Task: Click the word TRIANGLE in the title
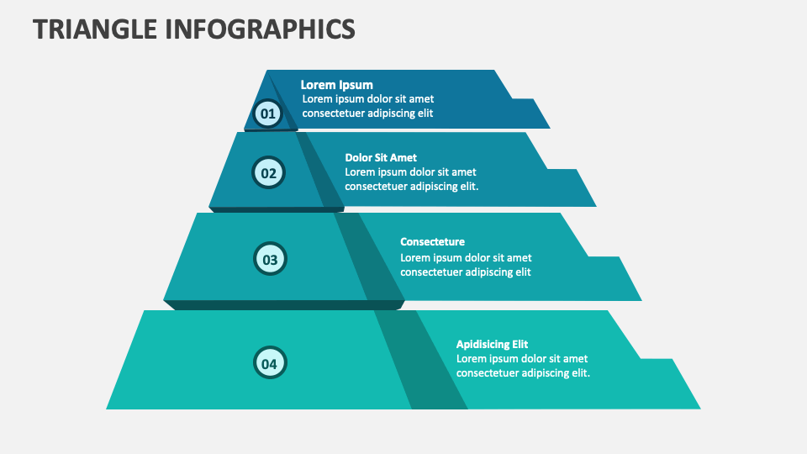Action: click(x=95, y=29)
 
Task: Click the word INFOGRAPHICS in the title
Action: click(x=261, y=29)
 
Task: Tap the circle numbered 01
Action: click(x=268, y=113)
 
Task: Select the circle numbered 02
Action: click(x=268, y=172)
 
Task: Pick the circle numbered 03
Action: click(x=270, y=259)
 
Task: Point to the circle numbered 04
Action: click(x=270, y=363)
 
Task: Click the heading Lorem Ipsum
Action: click(x=336, y=85)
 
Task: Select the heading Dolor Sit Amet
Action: click(x=381, y=157)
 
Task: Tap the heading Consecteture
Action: click(x=432, y=242)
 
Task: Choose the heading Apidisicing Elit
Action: click(x=492, y=345)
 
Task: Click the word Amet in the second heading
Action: click(x=403, y=157)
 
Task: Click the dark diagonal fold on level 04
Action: click(x=421, y=360)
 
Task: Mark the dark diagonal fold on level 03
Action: click(x=369, y=256)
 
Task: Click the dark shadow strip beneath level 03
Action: click(x=284, y=304)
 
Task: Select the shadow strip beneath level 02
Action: click(x=277, y=209)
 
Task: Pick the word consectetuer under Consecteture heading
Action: click(x=431, y=272)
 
